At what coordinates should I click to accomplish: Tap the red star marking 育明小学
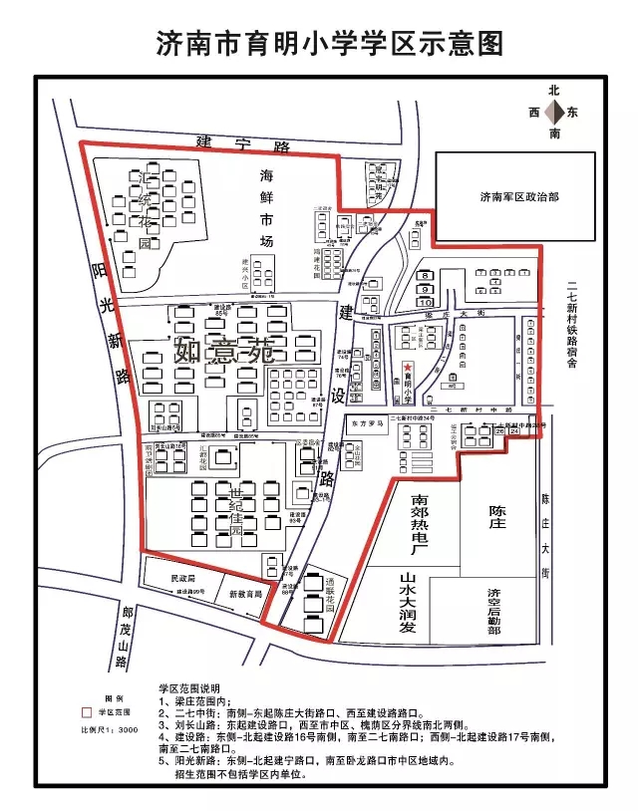pos(407,368)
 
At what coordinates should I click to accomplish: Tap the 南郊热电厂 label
pos(420,522)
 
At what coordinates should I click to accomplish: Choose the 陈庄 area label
pos(497,517)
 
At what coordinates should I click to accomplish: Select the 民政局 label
pos(183,578)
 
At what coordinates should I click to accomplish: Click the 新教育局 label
pos(244,594)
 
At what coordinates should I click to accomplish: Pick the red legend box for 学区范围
pos(86,713)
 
